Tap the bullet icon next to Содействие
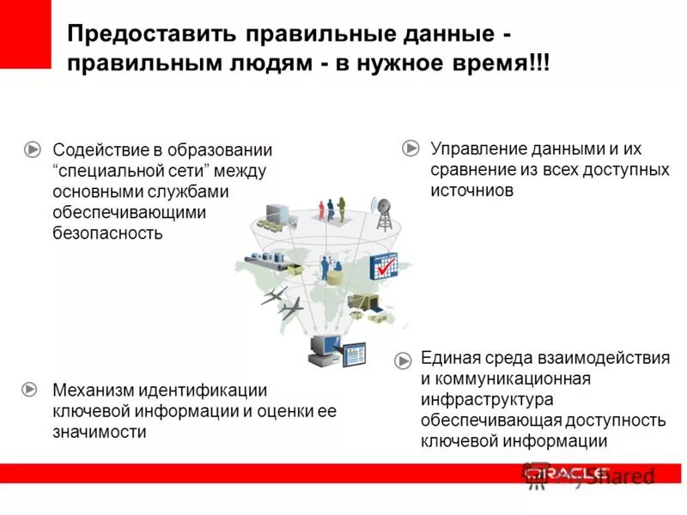[x=32, y=149]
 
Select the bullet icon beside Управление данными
[x=410, y=148]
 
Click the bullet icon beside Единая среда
[x=403, y=360]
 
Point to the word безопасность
[x=107, y=233]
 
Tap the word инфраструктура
[x=487, y=399]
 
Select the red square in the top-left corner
[x=26, y=34]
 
